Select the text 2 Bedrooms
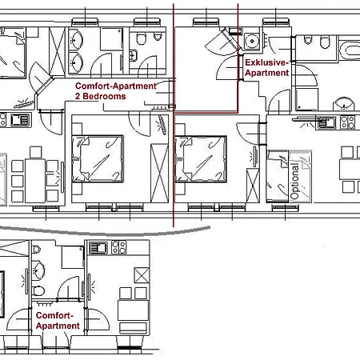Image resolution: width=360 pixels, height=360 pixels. pyautogui.click(x=100, y=96)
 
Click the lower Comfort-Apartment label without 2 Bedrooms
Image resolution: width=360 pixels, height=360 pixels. pyautogui.click(x=58, y=320)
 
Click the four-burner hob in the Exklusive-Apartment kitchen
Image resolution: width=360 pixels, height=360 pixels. pyautogui.click(x=347, y=122)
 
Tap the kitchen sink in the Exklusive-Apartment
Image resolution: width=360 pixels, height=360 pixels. pyautogui.click(x=326, y=122)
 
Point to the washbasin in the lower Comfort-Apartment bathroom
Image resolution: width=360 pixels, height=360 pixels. pyautogui.click(x=36, y=266)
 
